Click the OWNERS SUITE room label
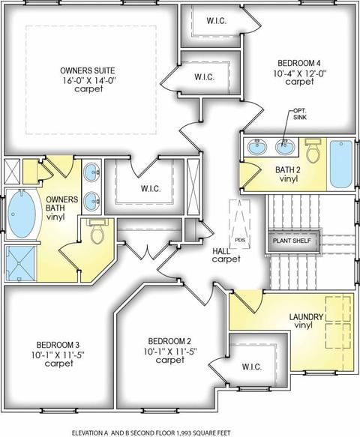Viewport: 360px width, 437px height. click(x=88, y=70)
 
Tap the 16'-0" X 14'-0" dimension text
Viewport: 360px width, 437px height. click(x=89, y=80)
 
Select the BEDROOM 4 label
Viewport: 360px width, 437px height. click(x=299, y=63)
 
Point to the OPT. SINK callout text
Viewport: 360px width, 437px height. click(x=300, y=114)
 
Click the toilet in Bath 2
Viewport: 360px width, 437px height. click(x=313, y=151)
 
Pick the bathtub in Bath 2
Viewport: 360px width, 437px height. click(x=341, y=164)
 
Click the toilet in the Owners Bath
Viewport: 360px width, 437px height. click(x=97, y=230)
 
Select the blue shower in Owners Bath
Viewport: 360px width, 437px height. click(x=21, y=263)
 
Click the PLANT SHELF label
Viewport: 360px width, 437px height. click(x=292, y=241)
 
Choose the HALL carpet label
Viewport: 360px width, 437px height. click(x=226, y=255)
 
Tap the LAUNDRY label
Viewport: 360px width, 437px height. click(x=306, y=317)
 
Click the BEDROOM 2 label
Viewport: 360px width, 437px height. click(x=169, y=341)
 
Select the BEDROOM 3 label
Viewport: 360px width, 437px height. click(x=58, y=345)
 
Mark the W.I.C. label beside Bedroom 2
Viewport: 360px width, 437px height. click(x=252, y=367)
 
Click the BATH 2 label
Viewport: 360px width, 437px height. click(x=288, y=169)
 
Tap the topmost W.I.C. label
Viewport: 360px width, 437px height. click(x=217, y=21)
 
